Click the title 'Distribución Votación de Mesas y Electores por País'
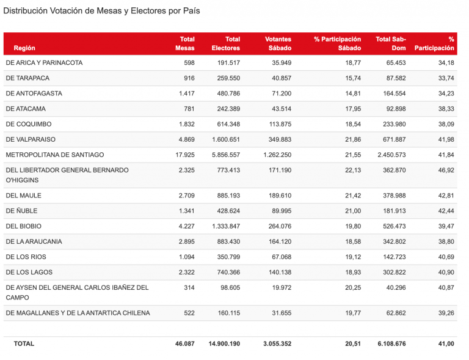[x=101, y=11]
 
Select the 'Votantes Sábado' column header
[x=278, y=43]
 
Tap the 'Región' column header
[x=24, y=48]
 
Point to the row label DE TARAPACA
[x=27, y=78]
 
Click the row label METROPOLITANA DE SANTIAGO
[x=55, y=155]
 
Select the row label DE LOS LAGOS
[x=29, y=272]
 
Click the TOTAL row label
[x=24, y=343]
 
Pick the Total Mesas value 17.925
[x=185, y=155]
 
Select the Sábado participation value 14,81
[x=353, y=94]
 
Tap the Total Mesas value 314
[x=189, y=287]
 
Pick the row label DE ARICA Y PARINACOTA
[x=44, y=63]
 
